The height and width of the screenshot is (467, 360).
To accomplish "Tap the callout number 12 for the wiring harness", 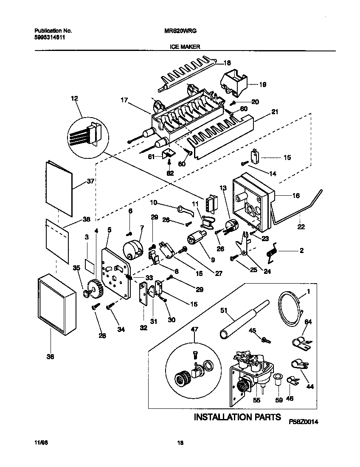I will (x=75, y=99).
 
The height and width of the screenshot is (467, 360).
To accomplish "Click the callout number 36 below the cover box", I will (x=50, y=357).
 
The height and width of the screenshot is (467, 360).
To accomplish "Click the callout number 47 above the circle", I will (x=194, y=329).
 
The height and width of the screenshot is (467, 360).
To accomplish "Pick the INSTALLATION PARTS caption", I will (x=237, y=417).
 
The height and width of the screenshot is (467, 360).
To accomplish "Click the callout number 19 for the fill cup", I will (x=262, y=84).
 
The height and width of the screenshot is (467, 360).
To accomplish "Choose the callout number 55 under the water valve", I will (x=256, y=400).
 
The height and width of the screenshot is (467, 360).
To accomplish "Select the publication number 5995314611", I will (x=49, y=37).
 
